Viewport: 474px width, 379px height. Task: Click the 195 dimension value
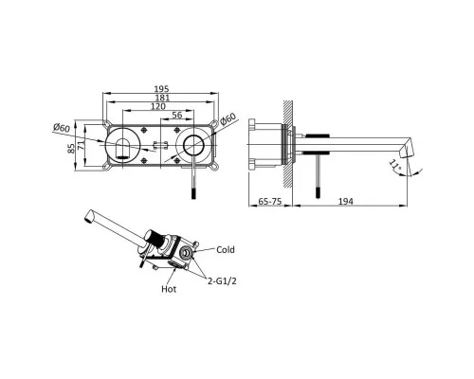pos(161,89)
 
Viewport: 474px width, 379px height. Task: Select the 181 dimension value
pos(162,98)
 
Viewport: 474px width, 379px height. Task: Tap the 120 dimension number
pos(158,106)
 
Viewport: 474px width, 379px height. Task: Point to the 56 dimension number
pos(177,115)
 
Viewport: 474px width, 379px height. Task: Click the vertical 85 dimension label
pos(71,149)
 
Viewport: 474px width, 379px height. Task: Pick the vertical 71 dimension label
pos(81,146)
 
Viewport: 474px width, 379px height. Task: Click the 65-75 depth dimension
pos(270,201)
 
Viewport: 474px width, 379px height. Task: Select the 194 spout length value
pos(346,201)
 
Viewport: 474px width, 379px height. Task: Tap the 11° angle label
pos(394,165)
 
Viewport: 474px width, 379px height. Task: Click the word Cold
pos(226,250)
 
